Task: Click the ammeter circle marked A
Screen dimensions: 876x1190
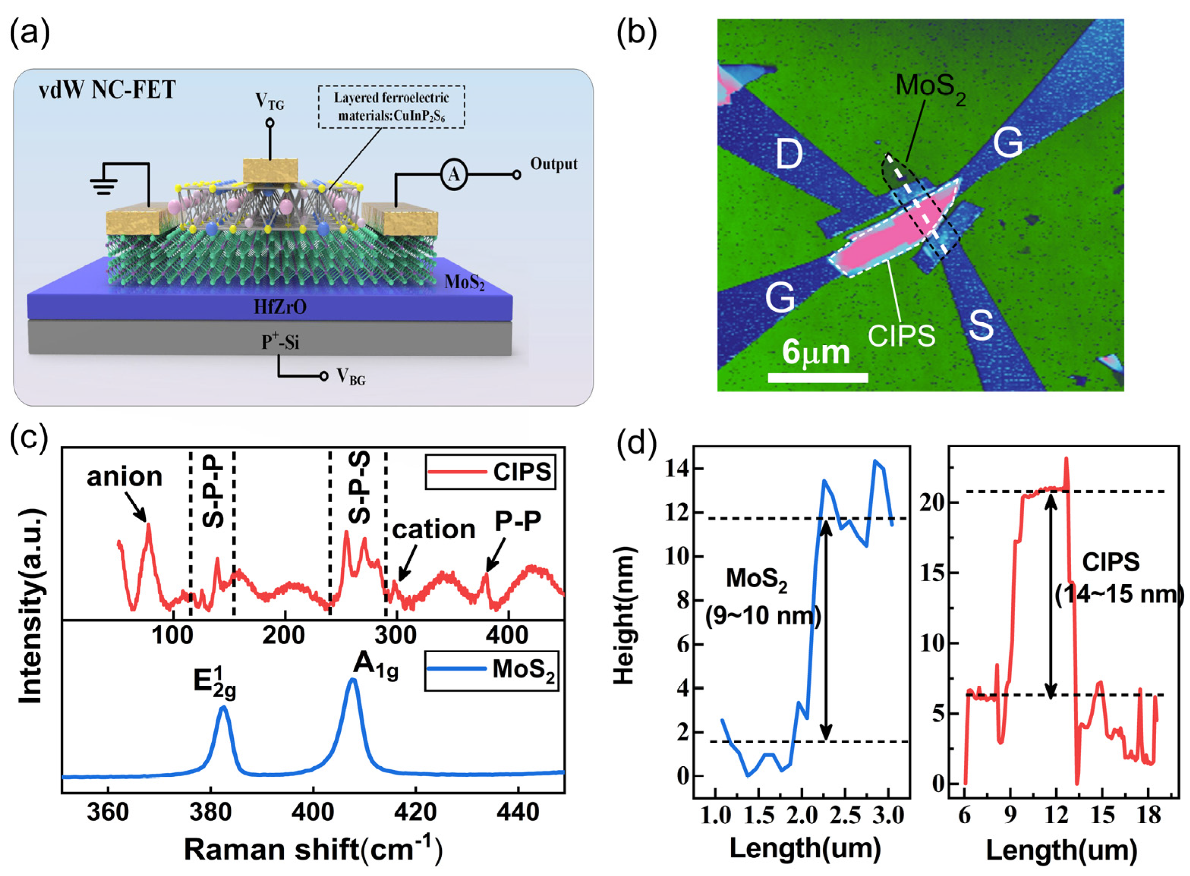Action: click(453, 175)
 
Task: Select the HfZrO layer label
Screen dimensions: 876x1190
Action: click(280, 307)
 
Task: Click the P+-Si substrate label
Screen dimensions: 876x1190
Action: click(280, 342)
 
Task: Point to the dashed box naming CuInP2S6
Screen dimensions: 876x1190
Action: click(391, 106)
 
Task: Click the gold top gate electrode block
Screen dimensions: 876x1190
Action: click(271, 170)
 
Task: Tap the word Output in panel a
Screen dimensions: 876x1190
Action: click(554, 164)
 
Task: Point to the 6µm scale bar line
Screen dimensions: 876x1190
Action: click(818, 377)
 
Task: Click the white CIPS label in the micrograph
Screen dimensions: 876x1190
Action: click(902, 336)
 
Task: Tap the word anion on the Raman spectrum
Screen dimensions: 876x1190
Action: click(124, 477)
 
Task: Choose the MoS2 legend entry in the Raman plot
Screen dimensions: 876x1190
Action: click(491, 670)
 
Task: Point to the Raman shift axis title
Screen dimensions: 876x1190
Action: click(313, 849)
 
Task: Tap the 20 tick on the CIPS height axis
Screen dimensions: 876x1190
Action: click(932, 502)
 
